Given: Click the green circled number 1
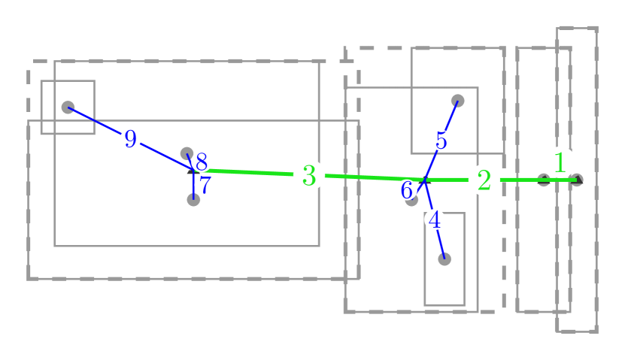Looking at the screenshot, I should point(560,162).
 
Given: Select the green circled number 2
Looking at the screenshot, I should point(484,180).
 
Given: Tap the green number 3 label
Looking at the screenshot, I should point(308,175).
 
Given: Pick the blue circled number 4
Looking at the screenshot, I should point(435,220).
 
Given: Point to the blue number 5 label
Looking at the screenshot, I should point(441,140).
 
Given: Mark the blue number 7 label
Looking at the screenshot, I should point(205,185).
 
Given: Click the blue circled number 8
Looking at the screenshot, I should point(201,162).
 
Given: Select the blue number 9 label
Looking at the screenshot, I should point(131,139).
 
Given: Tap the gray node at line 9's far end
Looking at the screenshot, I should point(68,107).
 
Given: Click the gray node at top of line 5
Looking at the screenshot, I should point(457,100).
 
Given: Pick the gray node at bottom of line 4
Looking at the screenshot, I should point(444,259).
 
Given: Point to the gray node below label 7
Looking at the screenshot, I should point(193,199).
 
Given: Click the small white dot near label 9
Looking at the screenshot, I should point(160,147).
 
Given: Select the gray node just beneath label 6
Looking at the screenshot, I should point(411,199).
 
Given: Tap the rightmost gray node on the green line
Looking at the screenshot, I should point(576,180).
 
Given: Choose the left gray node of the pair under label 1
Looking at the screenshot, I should point(544,180).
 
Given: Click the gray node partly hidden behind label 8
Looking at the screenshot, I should point(187,153).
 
